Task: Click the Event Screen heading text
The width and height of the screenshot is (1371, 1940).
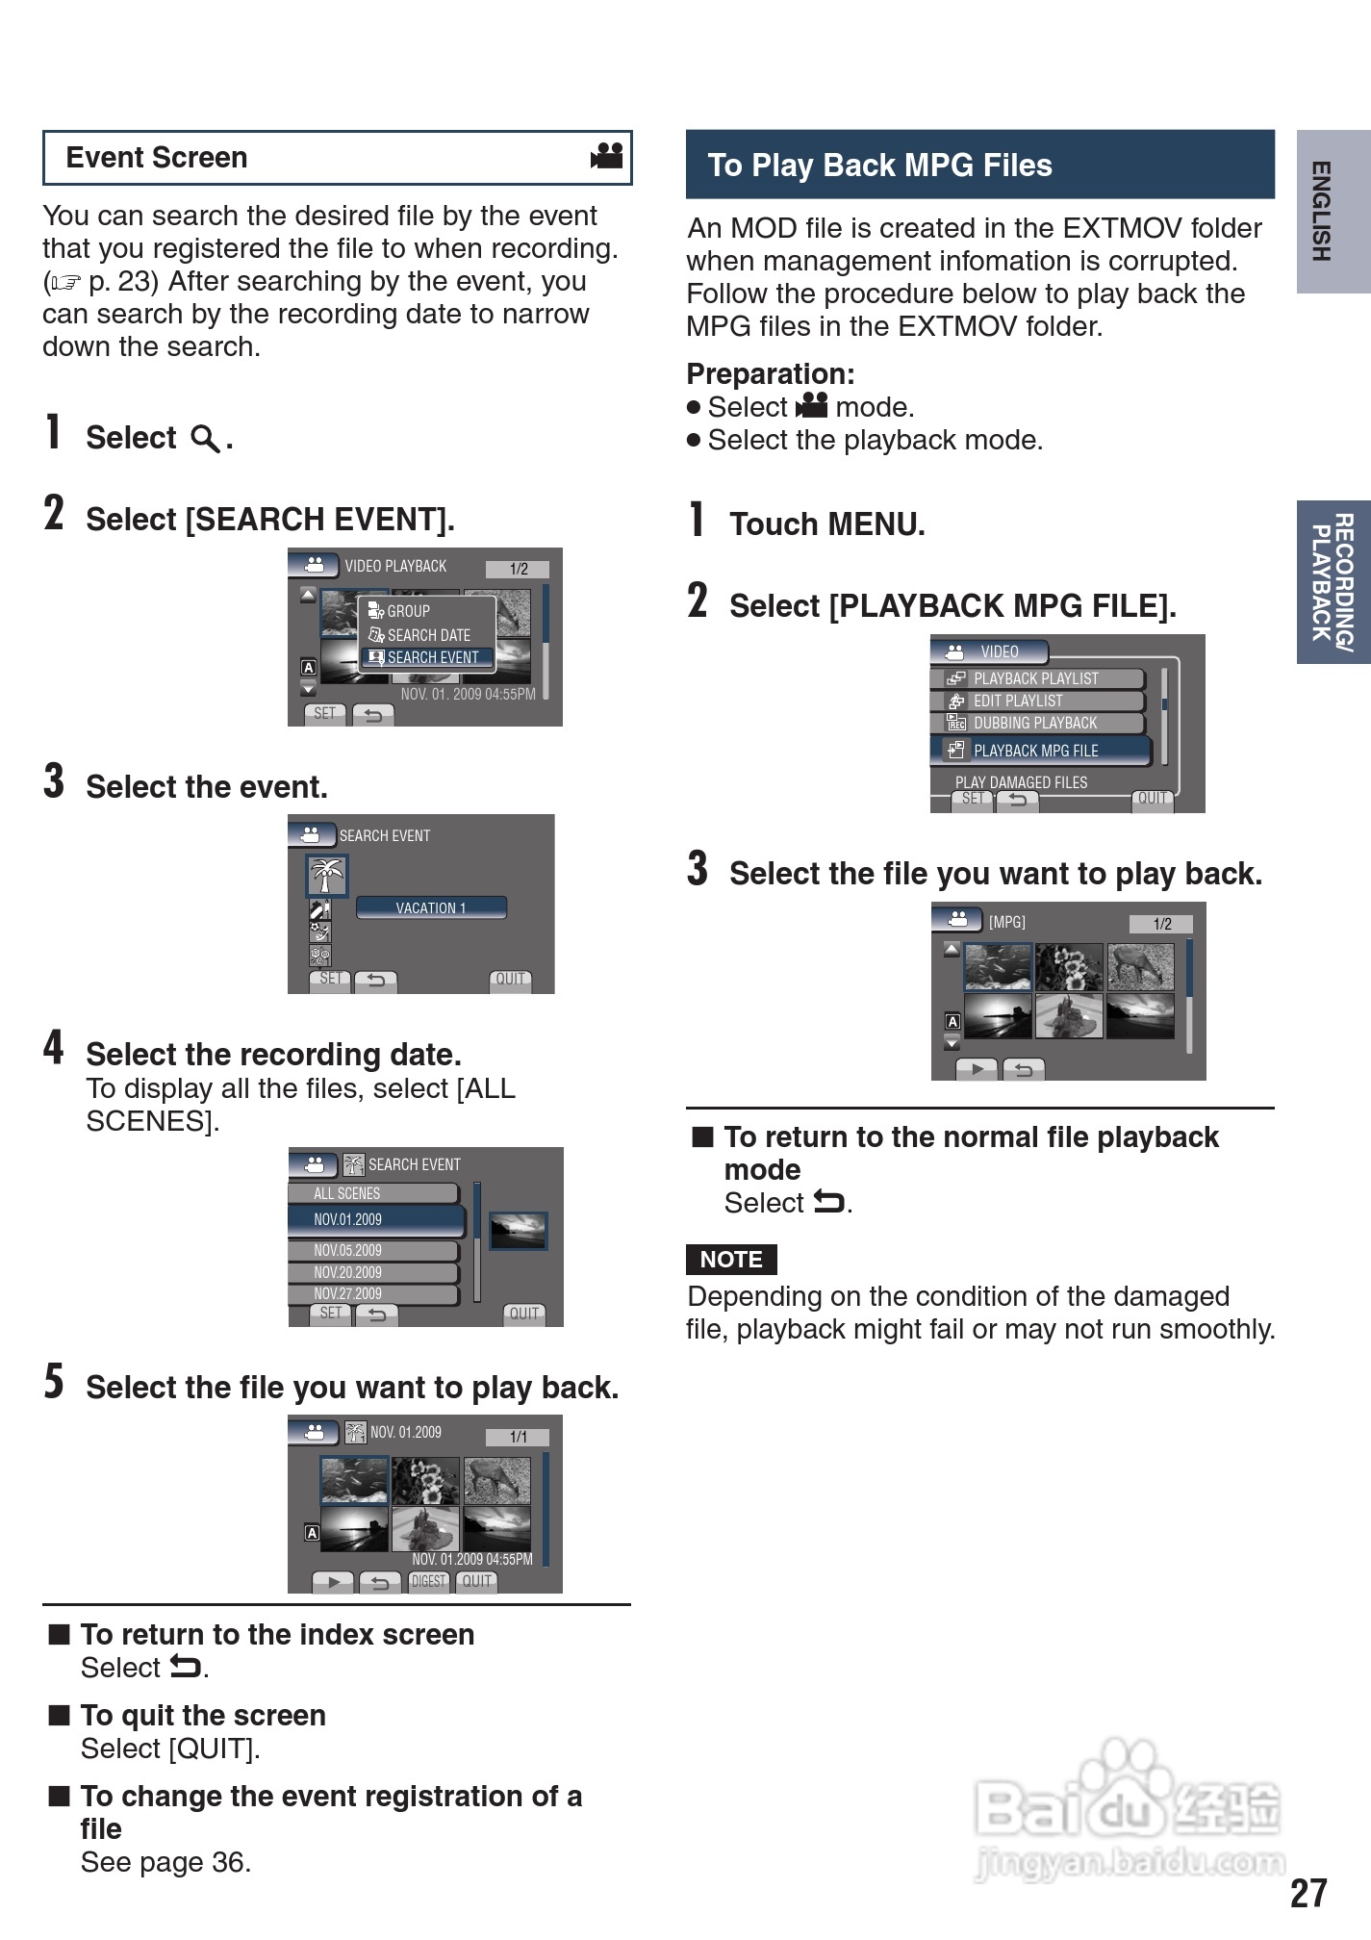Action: pyautogui.click(x=157, y=158)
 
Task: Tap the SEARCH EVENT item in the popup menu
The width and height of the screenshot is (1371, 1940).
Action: pyautogui.click(x=429, y=658)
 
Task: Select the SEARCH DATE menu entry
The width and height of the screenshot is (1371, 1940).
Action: pyautogui.click(x=428, y=635)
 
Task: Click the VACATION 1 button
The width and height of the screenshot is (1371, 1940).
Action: pyautogui.click(x=431, y=907)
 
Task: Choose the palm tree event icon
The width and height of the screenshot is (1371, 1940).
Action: pyautogui.click(x=326, y=876)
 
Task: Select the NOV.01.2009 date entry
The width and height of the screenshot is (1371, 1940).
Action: pyautogui.click(x=375, y=1219)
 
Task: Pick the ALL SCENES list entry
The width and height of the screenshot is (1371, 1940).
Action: pyautogui.click(x=373, y=1193)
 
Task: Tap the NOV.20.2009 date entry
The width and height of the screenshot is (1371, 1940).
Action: pyautogui.click(x=373, y=1272)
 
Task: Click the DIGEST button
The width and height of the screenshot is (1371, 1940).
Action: pyautogui.click(x=429, y=1581)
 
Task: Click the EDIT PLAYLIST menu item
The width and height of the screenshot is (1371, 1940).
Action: pyautogui.click(x=1037, y=701)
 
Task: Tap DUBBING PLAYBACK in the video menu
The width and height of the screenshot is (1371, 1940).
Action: pyautogui.click(x=1037, y=723)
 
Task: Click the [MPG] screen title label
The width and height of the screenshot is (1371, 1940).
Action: pyautogui.click(x=1007, y=922)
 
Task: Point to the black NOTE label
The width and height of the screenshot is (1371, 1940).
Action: pyautogui.click(x=731, y=1260)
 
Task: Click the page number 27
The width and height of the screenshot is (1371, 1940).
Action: pyautogui.click(x=1308, y=1893)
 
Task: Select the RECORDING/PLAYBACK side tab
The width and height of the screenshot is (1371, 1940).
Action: pyautogui.click(x=1333, y=581)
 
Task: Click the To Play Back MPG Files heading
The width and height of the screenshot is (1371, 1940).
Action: pyautogui.click(x=880, y=166)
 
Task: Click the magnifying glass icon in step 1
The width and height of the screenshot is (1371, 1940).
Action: pyautogui.click(x=205, y=439)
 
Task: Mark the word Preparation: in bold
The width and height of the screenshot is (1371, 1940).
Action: pyautogui.click(x=771, y=373)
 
